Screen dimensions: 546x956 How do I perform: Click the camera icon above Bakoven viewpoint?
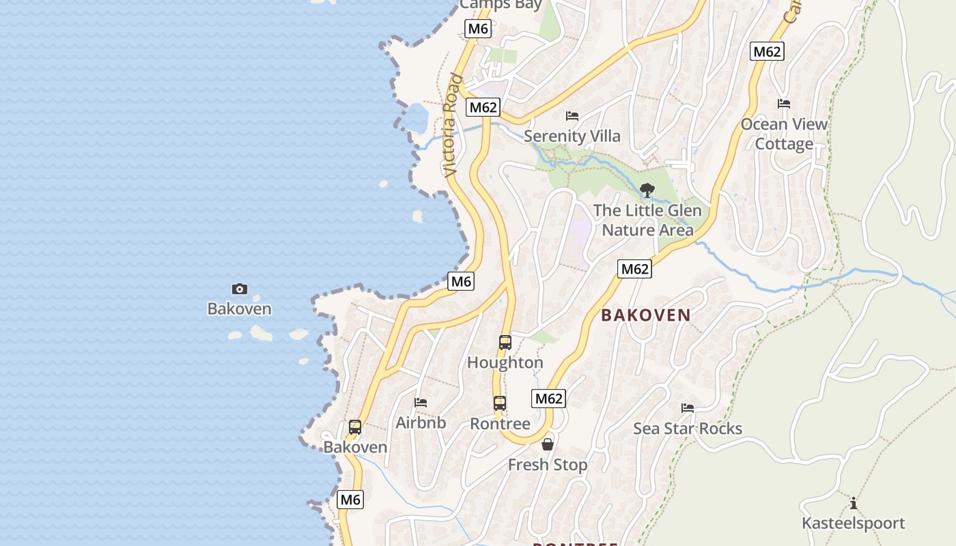[x=240, y=289]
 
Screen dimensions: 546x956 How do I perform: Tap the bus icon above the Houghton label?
[x=505, y=343]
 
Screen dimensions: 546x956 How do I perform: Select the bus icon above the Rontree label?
[x=500, y=403]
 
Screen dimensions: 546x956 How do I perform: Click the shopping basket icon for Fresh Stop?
[x=547, y=445]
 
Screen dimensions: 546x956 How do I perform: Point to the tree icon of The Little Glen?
[x=647, y=190]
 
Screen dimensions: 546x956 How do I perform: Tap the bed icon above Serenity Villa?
[x=572, y=116]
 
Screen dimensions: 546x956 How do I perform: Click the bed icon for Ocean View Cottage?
[x=784, y=104]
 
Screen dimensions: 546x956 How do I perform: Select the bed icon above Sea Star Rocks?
[x=688, y=408]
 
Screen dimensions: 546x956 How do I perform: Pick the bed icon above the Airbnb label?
[x=421, y=403]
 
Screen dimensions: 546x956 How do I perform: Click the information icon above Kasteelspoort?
[x=854, y=504]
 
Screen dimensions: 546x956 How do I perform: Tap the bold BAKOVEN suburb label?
[x=646, y=315]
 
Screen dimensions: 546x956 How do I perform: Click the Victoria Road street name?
[x=451, y=126]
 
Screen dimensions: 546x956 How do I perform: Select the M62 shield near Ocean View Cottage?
[x=767, y=51]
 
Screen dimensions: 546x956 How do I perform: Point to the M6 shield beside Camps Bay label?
[x=477, y=29]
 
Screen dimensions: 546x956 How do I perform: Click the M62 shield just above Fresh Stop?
[x=549, y=399]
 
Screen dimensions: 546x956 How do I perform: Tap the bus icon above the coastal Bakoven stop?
[x=355, y=427]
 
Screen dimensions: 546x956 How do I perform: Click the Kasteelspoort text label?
[x=854, y=523]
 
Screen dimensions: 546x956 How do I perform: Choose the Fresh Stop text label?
[x=548, y=465]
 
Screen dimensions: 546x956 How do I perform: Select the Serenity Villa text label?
[x=572, y=136]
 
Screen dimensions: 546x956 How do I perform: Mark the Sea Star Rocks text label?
[x=688, y=429]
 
